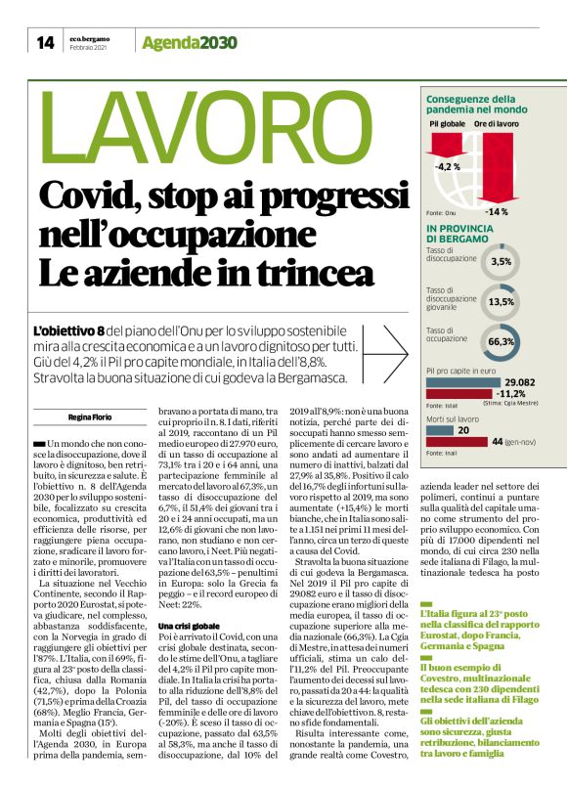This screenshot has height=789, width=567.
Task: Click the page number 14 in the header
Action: pos(45,41)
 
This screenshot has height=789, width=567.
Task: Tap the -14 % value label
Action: pos(496,212)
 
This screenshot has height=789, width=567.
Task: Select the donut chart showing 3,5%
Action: pos(502,262)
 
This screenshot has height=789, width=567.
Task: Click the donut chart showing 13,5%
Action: pos(502,301)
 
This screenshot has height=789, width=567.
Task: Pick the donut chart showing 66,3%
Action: pos(502,341)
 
